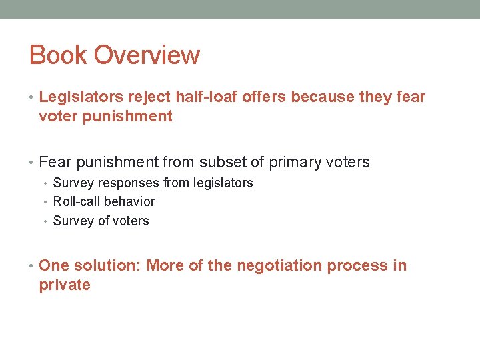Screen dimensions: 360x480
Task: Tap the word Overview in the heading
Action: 147,55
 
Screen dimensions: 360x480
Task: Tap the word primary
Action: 298,163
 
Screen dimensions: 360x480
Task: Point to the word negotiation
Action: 279,266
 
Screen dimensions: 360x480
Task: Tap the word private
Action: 65,285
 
